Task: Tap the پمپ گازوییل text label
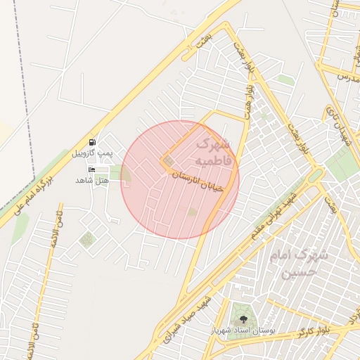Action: pyautogui.click(x=92, y=153)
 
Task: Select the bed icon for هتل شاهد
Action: pyautogui.click(x=92, y=170)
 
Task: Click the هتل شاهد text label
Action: pyautogui.click(x=92, y=181)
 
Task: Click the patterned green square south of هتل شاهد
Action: pyautogui.click(x=86, y=240)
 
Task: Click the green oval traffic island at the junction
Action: pyautogui.click(x=315, y=174)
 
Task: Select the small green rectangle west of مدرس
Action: pyautogui.click(x=285, y=80)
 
